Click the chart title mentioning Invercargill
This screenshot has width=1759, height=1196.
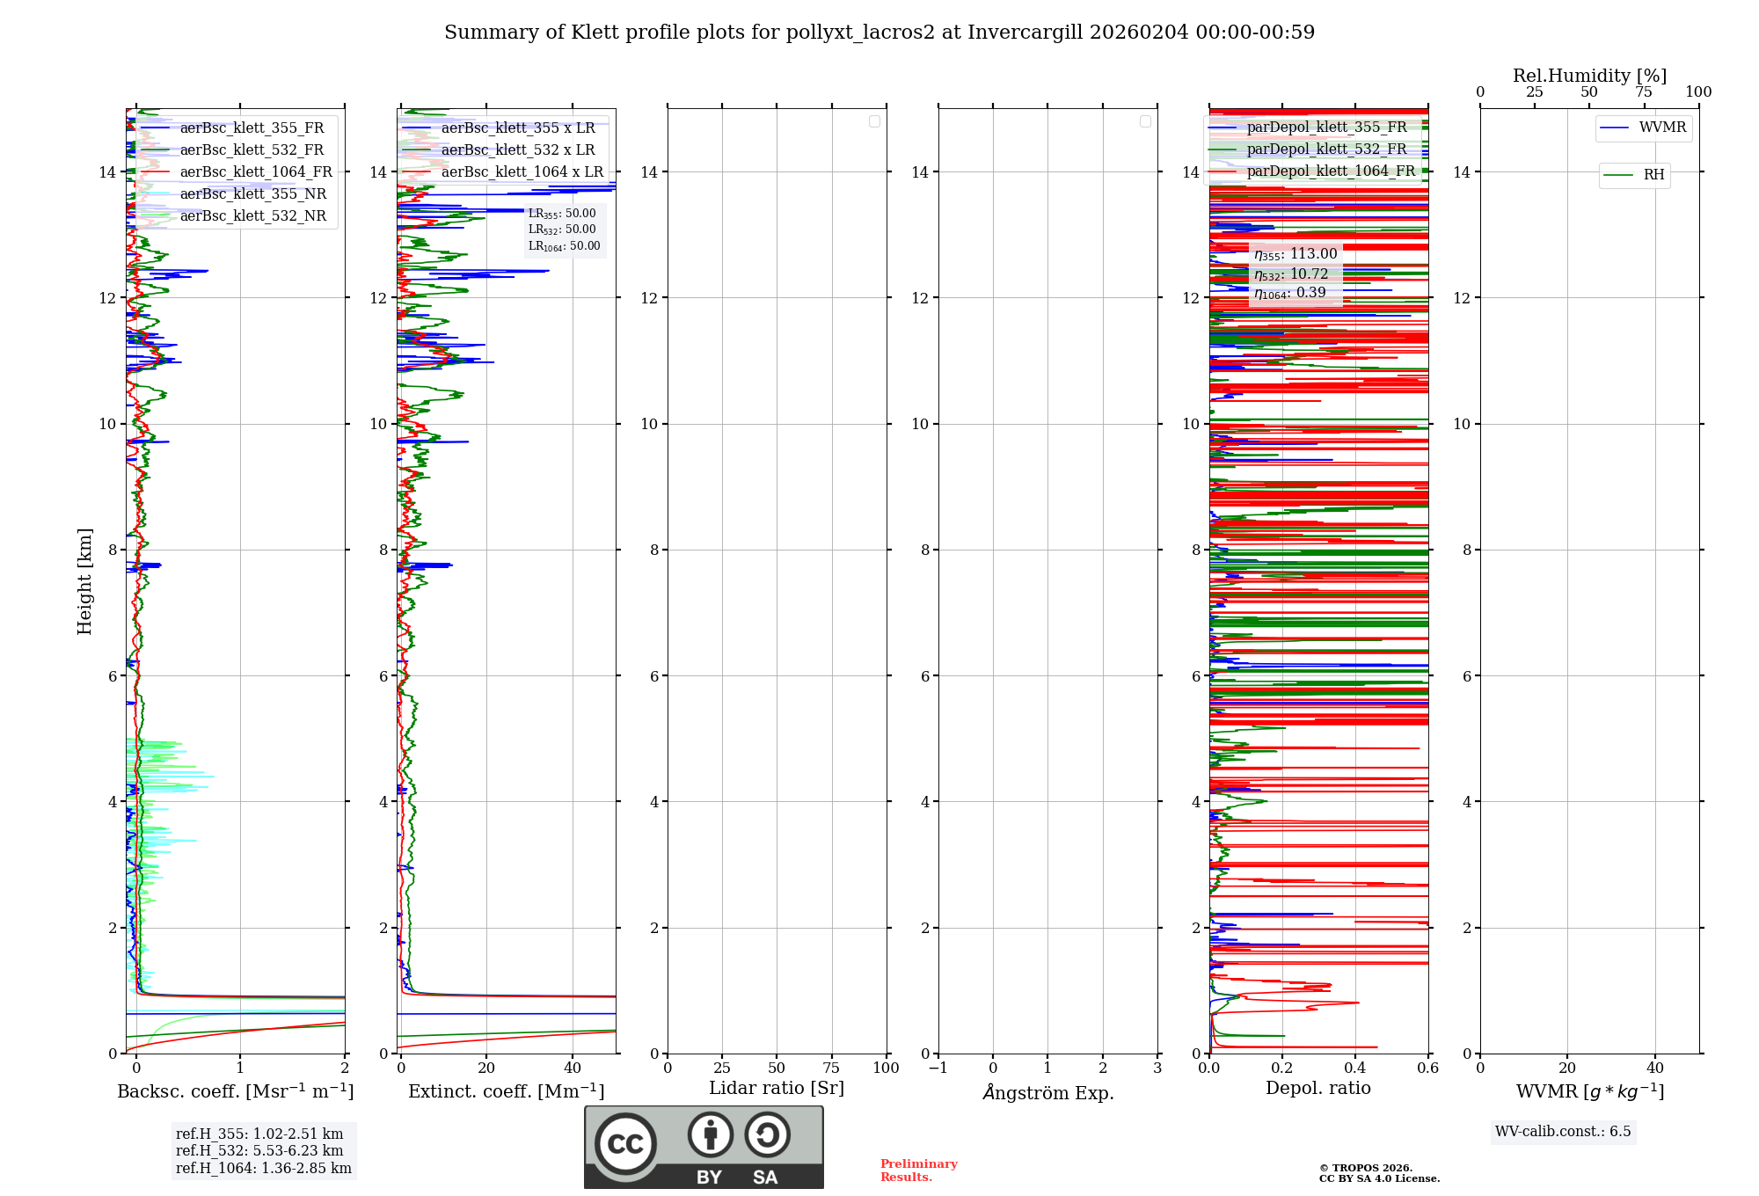point(879,33)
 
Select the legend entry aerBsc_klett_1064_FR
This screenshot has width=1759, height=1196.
point(255,172)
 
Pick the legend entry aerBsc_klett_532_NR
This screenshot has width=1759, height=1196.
point(252,216)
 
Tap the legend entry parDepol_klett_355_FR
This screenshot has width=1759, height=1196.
point(1326,128)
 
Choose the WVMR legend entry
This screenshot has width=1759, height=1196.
point(1662,128)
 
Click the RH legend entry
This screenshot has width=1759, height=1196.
point(1653,175)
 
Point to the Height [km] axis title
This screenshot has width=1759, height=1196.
point(84,581)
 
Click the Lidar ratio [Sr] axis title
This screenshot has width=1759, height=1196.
point(777,1089)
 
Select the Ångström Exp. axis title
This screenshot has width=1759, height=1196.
point(1047,1093)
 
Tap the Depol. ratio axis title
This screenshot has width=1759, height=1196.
point(1317,1089)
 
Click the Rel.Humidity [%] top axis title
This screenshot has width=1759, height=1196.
point(1589,76)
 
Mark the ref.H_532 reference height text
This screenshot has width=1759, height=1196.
point(259,1151)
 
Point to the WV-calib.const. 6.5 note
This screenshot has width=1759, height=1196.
point(1563,1132)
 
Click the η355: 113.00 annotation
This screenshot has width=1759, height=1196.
point(1296,255)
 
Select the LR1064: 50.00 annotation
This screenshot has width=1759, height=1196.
point(564,246)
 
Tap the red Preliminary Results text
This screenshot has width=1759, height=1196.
point(918,1170)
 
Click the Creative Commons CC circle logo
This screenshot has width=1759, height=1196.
point(625,1144)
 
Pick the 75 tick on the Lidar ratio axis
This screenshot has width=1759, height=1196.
point(832,1068)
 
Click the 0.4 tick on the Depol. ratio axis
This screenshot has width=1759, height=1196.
point(1355,1068)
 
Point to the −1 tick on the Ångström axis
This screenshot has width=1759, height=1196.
point(938,1068)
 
